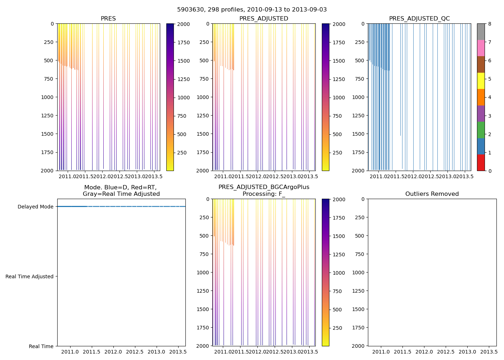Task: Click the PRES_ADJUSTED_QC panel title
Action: pyautogui.click(x=419, y=19)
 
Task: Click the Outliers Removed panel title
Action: pyautogui.click(x=432, y=194)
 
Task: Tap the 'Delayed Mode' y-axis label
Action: pyautogui.click(x=35, y=207)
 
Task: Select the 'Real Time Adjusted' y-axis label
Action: pyautogui.click(x=30, y=276)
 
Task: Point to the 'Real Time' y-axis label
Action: pyautogui.click(x=41, y=346)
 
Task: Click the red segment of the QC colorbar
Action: pyautogui.click(x=481, y=162)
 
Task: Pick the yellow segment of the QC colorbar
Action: pyautogui.click(x=481, y=81)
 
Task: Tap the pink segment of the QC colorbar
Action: pyautogui.click(x=481, y=48)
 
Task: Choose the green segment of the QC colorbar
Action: pyautogui.click(x=481, y=130)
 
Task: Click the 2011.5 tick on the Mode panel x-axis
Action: pyautogui.click(x=92, y=351)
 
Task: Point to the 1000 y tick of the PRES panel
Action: pyautogui.click(x=47, y=97)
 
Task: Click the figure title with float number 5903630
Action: pyautogui.click(x=252, y=10)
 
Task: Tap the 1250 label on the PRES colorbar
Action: pyautogui.click(x=184, y=79)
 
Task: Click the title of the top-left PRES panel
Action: pyautogui.click(x=108, y=19)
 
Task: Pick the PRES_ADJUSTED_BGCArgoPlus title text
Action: pyautogui.click(x=264, y=187)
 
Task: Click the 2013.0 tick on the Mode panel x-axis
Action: pyautogui.click(x=156, y=351)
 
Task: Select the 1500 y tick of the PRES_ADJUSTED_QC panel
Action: pyautogui.click(x=358, y=134)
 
